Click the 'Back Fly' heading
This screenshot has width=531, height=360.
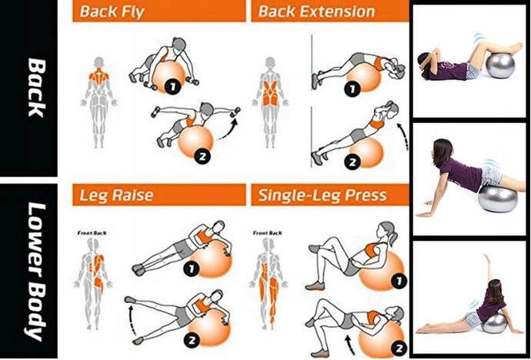(112, 12)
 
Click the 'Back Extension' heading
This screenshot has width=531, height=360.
(316, 12)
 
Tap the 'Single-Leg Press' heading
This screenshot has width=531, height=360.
(322, 196)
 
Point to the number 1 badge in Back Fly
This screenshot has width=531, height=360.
(172, 87)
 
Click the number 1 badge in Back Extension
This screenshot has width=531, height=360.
(351, 89)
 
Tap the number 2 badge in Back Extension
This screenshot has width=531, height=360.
(352, 162)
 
